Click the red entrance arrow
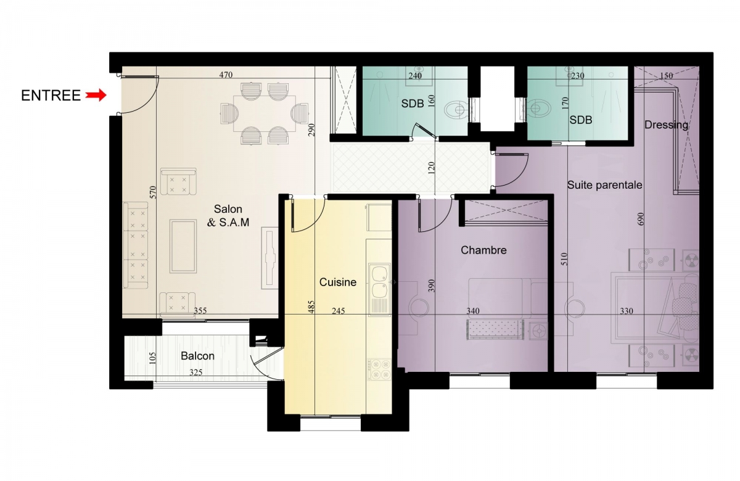pos(96,96)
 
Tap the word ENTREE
pos(51,96)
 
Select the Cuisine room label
pos(338,282)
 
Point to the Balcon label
pos(197,356)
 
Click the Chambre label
pos(483,250)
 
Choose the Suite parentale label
pos(604,185)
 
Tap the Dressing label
pos(666,125)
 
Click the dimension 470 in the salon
pos(226,75)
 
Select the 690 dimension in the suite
pos(641,219)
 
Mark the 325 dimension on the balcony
pos(196,372)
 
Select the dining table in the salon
pos(265,113)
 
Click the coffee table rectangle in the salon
pos(183,247)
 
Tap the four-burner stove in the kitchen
pos(379,369)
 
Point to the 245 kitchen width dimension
pos(339,311)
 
